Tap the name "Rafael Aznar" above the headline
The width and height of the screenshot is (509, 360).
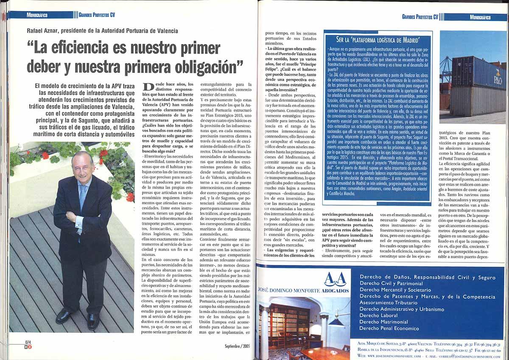(46, 31)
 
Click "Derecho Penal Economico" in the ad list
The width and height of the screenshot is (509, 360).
(389, 328)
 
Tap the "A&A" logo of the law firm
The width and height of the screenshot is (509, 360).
(335, 279)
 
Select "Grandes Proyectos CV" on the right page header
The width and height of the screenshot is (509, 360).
(420, 17)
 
